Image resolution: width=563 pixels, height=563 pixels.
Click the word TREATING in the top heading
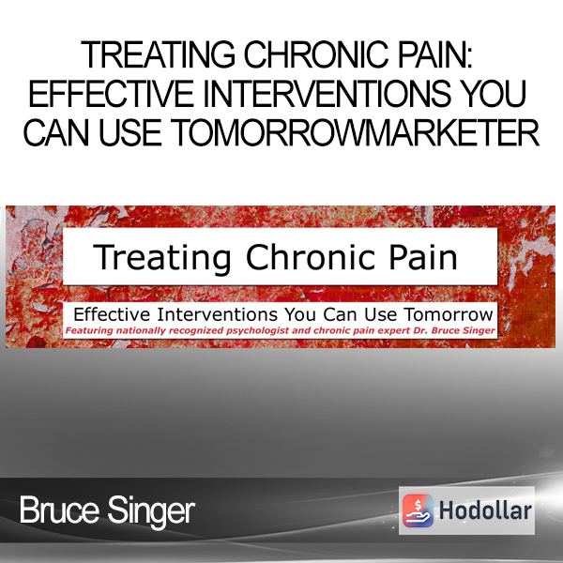tap(159, 54)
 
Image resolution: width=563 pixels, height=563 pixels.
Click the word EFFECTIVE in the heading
tap(111, 93)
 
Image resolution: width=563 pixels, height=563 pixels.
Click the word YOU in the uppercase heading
tap(494, 93)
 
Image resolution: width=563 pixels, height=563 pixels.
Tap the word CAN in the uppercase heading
tap(56, 132)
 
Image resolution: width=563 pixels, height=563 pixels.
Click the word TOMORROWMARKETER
tap(355, 132)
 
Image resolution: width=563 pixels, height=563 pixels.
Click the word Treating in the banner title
tap(162, 257)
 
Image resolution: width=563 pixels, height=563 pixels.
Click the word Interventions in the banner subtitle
tap(218, 314)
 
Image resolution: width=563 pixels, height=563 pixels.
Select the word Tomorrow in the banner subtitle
tap(449, 314)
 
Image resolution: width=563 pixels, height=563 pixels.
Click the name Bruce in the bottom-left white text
tap(59, 510)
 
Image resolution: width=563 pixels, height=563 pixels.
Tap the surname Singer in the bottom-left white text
tap(151, 512)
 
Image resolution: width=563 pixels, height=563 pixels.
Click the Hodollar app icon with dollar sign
tap(418, 510)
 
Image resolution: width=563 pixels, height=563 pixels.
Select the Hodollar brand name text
tap(485, 510)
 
